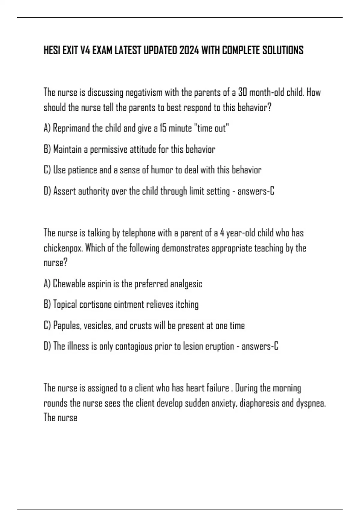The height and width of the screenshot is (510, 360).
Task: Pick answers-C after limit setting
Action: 256,191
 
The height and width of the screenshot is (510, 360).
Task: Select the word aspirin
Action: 99,284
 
